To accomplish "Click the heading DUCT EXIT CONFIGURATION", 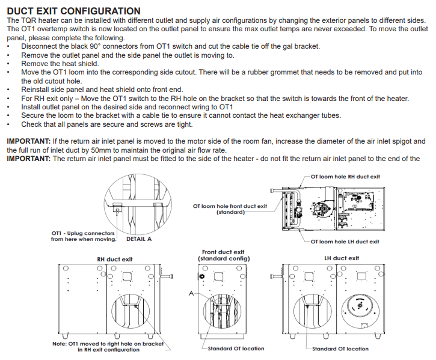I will click(x=73, y=11).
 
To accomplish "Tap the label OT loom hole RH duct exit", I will click(x=345, y=177).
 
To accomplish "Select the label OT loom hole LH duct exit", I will click(x=345, y=242).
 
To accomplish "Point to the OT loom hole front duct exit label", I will click(x=230, y=209).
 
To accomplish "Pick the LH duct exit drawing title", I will click(x=341, y=258).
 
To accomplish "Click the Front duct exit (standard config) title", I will click(x=223, y=255).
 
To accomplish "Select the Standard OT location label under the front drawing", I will click(x=236, y=349).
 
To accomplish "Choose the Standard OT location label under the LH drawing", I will click(x=340, y=349).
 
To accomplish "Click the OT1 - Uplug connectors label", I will click(x=83, y=236).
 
